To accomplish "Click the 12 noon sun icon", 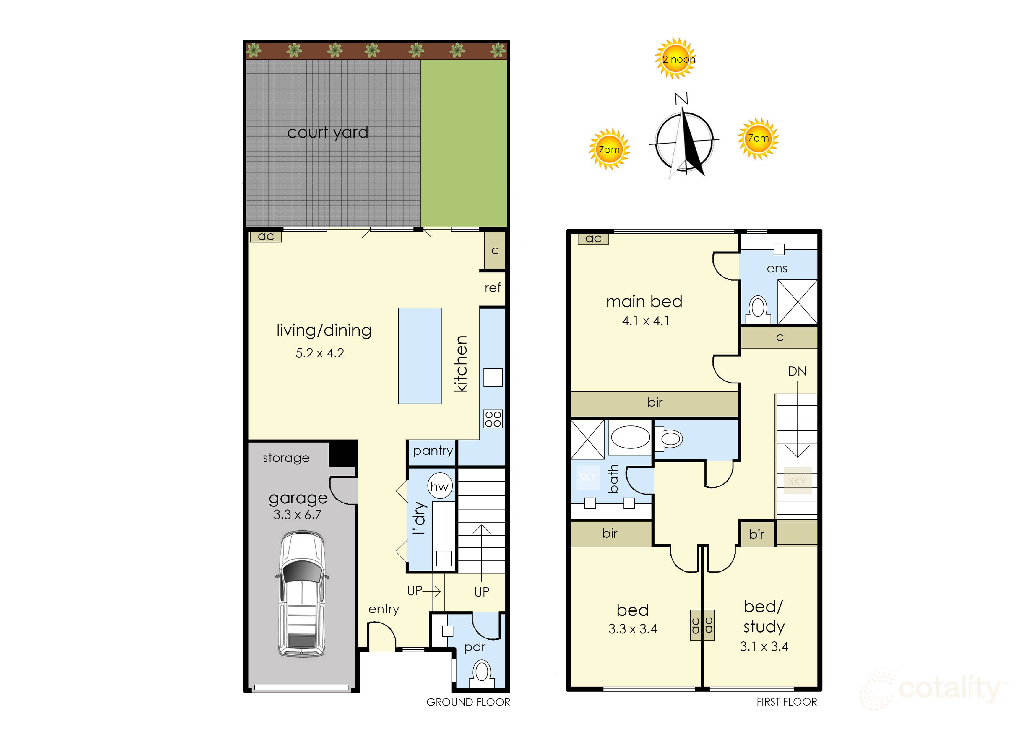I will pos(676,59).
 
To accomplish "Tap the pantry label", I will pos(433,451).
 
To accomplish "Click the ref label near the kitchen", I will pos(493,287).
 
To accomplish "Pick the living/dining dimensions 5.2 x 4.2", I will pos(320,353).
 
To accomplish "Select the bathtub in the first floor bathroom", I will pos(630,437).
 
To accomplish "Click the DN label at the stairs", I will pos(797,371).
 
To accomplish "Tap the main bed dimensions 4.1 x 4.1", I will pos(646,321).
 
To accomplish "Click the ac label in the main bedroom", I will pos(593,238).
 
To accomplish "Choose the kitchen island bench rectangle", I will pos(419,356).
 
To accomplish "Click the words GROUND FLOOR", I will pos(468,702).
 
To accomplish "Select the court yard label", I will pos(328,132).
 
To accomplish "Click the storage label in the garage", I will pos(286,458).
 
